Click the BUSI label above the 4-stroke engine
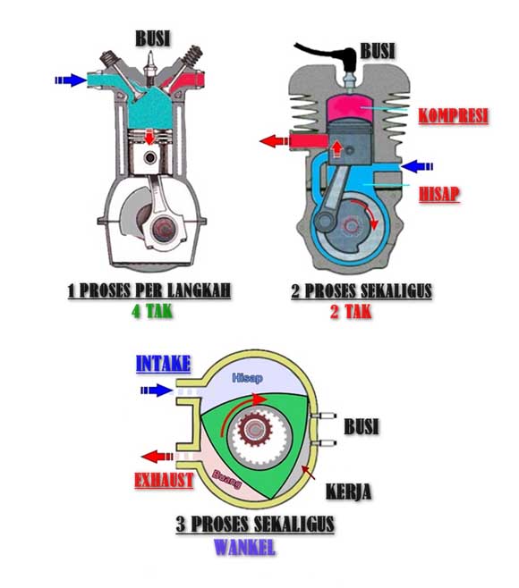[x=152, y=38]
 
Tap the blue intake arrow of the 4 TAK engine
[x=71, y=80]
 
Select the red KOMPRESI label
[x=454, y=116]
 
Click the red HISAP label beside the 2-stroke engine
[x=439, y=194]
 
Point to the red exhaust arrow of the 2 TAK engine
[x=274, y=141]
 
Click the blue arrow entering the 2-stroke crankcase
[x=417, y=166]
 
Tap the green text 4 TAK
[x=152, y=311]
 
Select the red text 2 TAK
[x=351, y=312]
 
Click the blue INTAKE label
[x=163, y=364]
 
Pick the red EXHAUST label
[x=164, y=481]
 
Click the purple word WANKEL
[x=244, y=547]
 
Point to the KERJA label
[x=348, y=491]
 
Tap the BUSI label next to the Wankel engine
[x=362, y=426]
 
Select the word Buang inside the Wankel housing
[x=226, y=479]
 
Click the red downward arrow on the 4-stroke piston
[x=149, y=137]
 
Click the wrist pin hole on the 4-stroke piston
[x=150, y=158]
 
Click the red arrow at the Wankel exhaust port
[x=157, y=457]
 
